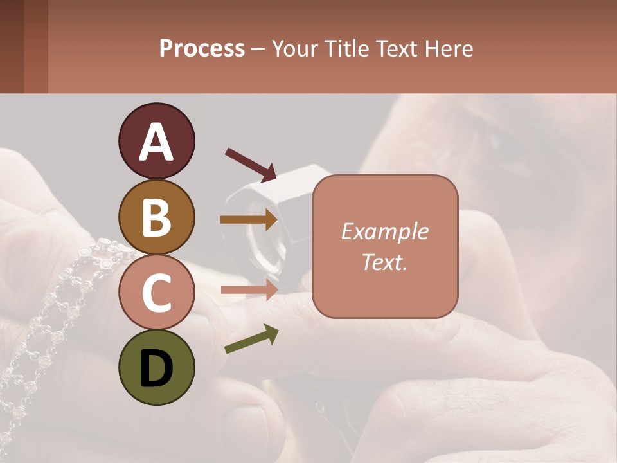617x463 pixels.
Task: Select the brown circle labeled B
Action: (156, 217)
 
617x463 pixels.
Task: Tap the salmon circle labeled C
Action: (156, 292)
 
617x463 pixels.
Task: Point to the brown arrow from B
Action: (249, 219)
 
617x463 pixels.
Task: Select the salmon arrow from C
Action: (249, 290)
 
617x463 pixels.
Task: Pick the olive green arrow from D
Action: (251, 339)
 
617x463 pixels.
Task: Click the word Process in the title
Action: (202, 49)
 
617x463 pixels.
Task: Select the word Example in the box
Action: (384, 232)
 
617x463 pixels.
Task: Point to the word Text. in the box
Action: (384, 262)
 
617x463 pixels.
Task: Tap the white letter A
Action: (156, 143)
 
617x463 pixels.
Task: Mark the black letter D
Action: (156, 369)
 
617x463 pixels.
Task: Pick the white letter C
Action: (156, 293)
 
